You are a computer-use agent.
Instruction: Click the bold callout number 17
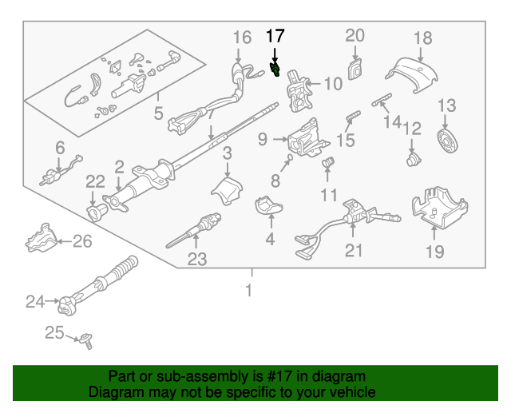[275, 36]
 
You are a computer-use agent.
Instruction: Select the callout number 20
[355, 35]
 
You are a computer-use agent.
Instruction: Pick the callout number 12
[411, 129]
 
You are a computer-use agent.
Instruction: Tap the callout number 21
[353, 251]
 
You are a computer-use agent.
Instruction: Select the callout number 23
[196, 258]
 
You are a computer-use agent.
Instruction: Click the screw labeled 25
[87, 343]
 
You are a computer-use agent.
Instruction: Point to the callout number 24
[35, 301]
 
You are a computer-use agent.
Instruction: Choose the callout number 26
[83, 240]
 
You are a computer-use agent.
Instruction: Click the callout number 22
[95, 181]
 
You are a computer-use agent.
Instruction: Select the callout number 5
[159, 113]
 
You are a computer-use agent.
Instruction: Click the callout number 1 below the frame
[248, 291]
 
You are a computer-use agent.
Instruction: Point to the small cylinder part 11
[327, 165]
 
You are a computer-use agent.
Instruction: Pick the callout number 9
[263, 140]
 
